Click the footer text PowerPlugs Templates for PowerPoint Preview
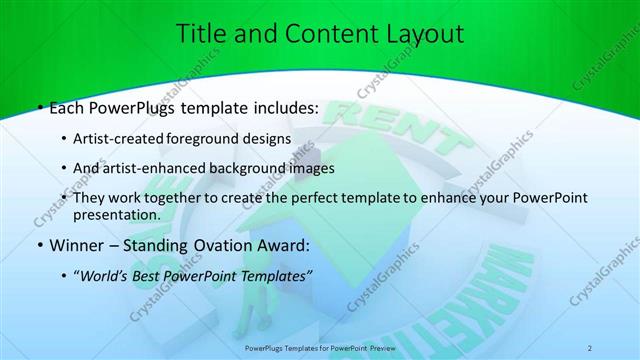[x=320, y=347]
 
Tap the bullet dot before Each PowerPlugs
[x=39, y=107]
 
